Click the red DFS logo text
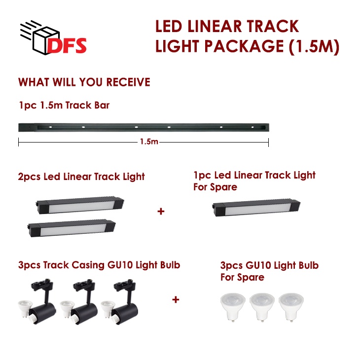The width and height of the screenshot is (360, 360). coord(67,45)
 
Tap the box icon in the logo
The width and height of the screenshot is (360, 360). coord(46,40)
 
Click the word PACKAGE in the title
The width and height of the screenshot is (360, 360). coord(244,46)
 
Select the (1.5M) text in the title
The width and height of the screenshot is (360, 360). coord(314,47)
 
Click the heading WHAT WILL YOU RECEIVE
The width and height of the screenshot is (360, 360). coord(84,82)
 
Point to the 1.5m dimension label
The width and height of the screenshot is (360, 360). coord(149,142)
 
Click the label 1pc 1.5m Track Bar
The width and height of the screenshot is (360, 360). coord(64,106)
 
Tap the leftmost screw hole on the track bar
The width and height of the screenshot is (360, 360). coord(50,127)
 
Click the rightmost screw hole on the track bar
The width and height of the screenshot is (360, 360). coord(252,127)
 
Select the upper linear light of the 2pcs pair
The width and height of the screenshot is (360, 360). coord(80,205)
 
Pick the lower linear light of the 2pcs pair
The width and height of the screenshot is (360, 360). coord(71,228)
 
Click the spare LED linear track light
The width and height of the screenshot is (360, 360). coord(256,208)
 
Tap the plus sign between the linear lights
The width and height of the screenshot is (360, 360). coord(161,211)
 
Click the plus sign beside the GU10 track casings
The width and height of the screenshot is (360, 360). coord(176,300)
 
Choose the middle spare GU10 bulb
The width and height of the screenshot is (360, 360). coord(262,307)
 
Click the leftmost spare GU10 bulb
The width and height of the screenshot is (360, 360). coord(233,307)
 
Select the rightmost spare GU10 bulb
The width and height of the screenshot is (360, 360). coord(291,307)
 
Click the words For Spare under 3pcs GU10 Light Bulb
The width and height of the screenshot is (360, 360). coord(242,277)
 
